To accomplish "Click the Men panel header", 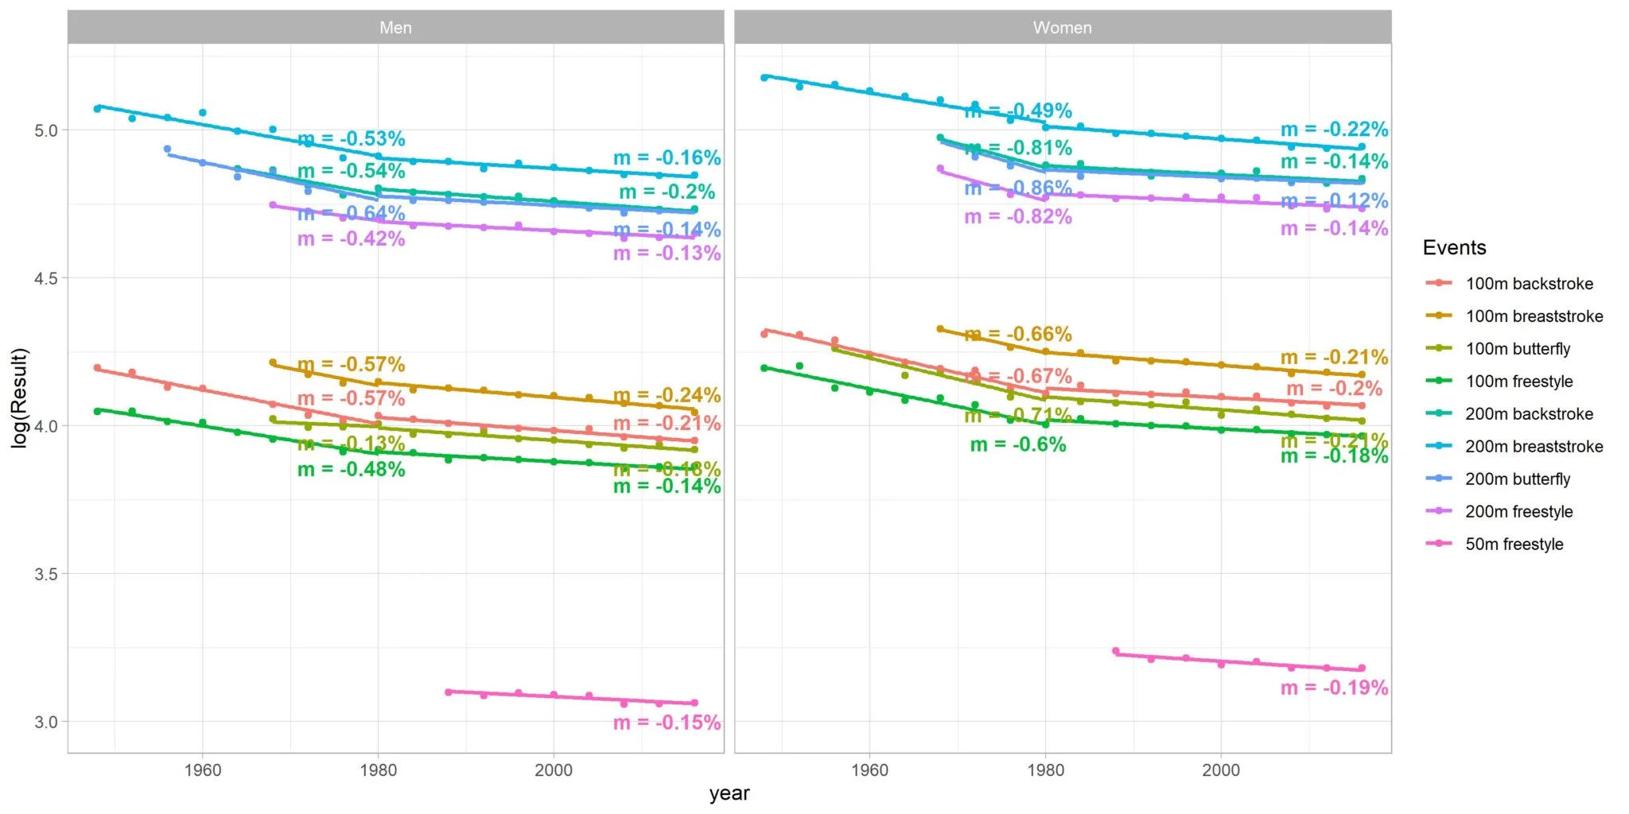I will pyautogui.click(x=395, y=28).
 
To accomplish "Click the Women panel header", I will pyautogui.click(x=1062, y=28).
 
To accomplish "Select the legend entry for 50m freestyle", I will pyautogui.click(x=1514, y=545).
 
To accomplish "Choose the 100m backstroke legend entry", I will pyautogui.click(x=1529, y=284).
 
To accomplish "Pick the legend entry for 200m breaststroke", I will pyautogui.click(x=1534, y=447).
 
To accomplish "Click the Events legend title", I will pyautogui.click(x=1454, y=248).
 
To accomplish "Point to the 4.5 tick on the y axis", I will pyautogui.click(x=46, y=278).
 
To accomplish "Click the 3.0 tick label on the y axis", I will pyautogui.click(x=46, y=722).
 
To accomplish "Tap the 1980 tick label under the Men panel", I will pyautogui.click(x=378, y=770).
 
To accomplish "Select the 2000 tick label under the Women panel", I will pyautogui.click(x=1221, y=770).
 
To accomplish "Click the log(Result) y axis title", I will pyautogui.click(x=20, y=397).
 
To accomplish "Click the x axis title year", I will pyautogui.click(x=729, y=793).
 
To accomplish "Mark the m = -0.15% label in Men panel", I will pyautogui.click(x=667, y=723).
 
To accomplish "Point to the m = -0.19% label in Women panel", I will pyautogui.click(x=1334, y=688).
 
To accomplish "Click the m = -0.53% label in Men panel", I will pyautogui.click(x=351, y=139).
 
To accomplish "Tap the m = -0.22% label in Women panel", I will pyautogui.click(x=1334, y=130).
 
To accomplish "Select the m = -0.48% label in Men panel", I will pyautogui.click(x=351, y=470).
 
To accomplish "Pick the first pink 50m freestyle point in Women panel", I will pyautogui.click(x=1115, y=651).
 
